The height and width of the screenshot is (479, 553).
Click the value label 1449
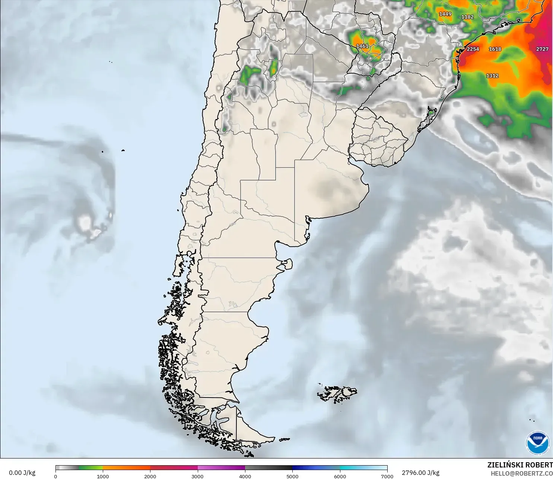(445, 14)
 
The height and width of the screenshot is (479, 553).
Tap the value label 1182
(467, 17)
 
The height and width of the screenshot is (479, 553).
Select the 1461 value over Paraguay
(362, 46)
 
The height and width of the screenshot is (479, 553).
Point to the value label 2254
(473, 49)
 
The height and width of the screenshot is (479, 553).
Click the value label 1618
(495, 49)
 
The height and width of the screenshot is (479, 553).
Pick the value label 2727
(542, 49)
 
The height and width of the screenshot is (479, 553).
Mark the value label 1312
(492, 76)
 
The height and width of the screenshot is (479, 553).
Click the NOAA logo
(538, 443)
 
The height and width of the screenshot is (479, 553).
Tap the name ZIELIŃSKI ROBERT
(520, 465)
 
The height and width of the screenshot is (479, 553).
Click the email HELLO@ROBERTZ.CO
(521, 473)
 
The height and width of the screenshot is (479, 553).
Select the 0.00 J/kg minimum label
(22, 473)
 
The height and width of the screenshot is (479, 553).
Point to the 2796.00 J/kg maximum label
(420, 473)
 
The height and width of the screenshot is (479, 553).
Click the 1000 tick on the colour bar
(103, 476)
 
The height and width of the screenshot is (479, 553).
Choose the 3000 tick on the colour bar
(197, 476)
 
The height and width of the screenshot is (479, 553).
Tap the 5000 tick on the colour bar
(292, 476)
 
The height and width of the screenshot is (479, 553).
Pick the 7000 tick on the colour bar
(387, 476)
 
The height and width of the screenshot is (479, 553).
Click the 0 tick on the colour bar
(55, 476)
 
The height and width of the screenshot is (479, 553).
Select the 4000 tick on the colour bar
(245, 476)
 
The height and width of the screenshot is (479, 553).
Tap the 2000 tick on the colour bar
(150, 476)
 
